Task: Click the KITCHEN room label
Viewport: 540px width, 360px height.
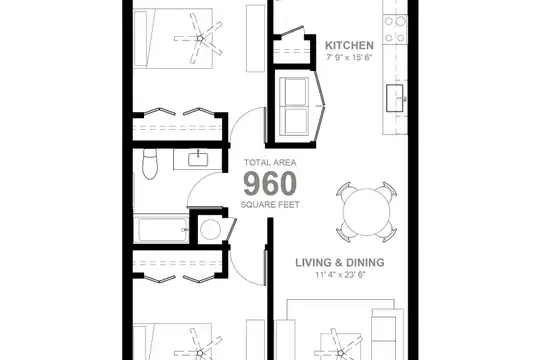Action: coord(349,45)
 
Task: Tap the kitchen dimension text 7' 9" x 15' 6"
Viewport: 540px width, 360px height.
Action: coord(349,57)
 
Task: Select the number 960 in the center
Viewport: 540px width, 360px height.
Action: coord(270,184)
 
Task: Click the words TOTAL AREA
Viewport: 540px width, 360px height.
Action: coord(270,163)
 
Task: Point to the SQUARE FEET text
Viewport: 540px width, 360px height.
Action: coord(270,205)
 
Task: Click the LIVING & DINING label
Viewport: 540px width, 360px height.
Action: coord(340,263)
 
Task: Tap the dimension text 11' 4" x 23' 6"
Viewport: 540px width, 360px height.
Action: coord(340,275)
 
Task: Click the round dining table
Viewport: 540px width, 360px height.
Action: coord(367,212)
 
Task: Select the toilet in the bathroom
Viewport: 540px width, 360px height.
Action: coord(149,164)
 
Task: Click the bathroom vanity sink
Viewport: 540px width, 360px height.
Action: coord(198,160)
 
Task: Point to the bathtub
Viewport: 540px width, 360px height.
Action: coord(161,229)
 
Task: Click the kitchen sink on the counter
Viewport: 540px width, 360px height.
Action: coord(395,98)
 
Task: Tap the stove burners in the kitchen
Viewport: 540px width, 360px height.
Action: coord(395,30)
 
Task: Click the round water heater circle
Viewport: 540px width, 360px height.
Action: coord(210,230)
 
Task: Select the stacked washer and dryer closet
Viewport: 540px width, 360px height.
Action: coord(294,106)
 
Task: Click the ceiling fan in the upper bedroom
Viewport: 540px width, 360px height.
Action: coord(199,39)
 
